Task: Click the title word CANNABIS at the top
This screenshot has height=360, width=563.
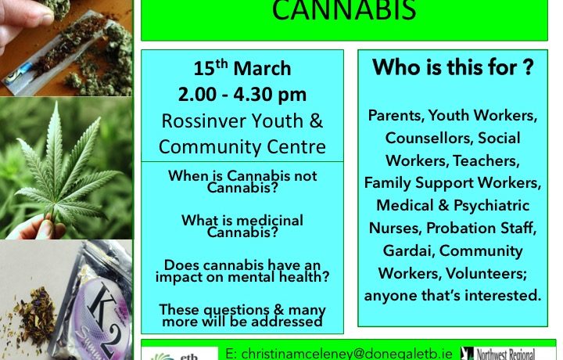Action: click(344, 10)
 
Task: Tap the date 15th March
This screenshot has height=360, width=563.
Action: click(242, 68)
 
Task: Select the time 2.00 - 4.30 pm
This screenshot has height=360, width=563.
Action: click(242, 95)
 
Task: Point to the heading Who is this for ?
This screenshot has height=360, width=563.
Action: click(453, 67)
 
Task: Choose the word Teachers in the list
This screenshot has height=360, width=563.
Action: click(486, 160)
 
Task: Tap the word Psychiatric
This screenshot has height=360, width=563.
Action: click(491, 206)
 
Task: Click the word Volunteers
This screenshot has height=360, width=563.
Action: click(486, 273)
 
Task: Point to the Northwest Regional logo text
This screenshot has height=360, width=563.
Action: click(506, 355)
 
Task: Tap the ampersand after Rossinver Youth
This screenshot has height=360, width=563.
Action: click(315, 121)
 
